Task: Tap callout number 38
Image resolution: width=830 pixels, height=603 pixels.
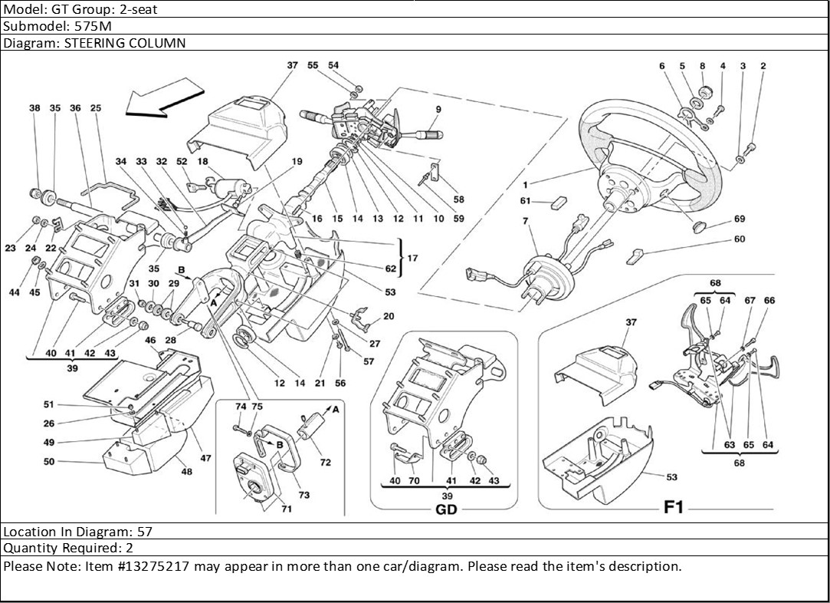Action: [34, 109]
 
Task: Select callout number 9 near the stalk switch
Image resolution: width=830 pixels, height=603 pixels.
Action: [438, 109]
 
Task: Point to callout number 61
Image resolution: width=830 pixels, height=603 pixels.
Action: [526, 202]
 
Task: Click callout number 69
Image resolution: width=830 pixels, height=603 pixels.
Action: [739, 219]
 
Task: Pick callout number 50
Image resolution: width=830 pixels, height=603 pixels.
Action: [49, 462]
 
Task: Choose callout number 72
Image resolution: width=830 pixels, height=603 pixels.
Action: [325, 463]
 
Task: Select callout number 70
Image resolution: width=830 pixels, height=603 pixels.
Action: [414, 481]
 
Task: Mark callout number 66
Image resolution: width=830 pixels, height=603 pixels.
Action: [769, 301]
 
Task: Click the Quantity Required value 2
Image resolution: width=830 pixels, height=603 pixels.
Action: [130, 548]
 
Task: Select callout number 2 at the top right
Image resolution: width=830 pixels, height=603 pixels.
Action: [763, 67]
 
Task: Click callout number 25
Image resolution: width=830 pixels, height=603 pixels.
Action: [96, 109]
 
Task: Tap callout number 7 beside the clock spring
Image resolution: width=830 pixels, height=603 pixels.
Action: [526, 221]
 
